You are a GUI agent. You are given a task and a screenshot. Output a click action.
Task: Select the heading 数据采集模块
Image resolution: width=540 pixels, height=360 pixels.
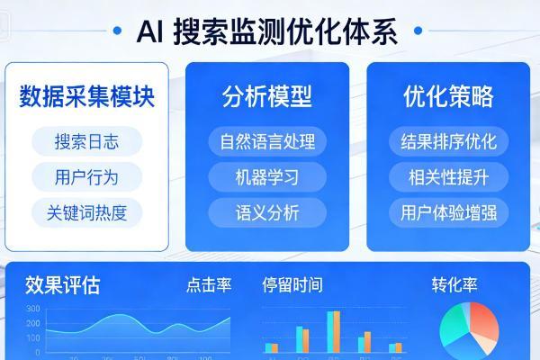point(86,96)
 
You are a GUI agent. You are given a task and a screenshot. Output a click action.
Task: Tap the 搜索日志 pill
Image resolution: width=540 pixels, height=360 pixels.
point(86,141)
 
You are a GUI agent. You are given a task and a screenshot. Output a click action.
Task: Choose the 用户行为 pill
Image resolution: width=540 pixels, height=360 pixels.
point(86,176)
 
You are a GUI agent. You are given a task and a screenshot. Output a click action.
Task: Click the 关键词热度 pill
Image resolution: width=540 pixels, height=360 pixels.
point(86,212)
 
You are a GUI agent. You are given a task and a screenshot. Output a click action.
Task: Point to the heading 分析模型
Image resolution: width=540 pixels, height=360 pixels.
point(266,96)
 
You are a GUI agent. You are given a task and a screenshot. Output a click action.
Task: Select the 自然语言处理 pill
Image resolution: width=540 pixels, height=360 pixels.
point(266,141)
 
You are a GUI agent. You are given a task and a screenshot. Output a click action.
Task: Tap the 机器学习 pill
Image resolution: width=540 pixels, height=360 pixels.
point(266,176)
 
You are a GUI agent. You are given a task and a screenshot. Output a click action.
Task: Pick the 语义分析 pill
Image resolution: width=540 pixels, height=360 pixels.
point(266,212)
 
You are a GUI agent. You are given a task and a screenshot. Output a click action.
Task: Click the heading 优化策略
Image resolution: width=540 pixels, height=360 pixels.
point(448,96)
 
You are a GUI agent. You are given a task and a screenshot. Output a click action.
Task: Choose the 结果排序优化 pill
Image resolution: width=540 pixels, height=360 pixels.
point(448,141)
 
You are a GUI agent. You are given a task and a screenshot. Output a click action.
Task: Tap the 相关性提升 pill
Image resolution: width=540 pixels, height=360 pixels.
point(448,176)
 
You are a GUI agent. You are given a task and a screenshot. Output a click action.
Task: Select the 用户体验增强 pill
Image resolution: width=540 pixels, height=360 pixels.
point(448,212)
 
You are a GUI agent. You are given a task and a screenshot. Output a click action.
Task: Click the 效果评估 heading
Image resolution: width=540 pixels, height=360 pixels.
point(62,286)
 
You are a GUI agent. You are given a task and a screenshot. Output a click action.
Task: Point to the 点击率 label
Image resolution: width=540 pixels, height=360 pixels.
point(209,286)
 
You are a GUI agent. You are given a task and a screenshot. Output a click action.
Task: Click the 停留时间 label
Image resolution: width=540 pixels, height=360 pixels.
point(292,286)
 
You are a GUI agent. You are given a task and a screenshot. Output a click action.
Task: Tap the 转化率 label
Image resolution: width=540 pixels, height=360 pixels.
point(454,286)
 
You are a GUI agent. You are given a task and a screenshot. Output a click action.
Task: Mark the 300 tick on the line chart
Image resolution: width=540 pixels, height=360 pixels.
point(33,309)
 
